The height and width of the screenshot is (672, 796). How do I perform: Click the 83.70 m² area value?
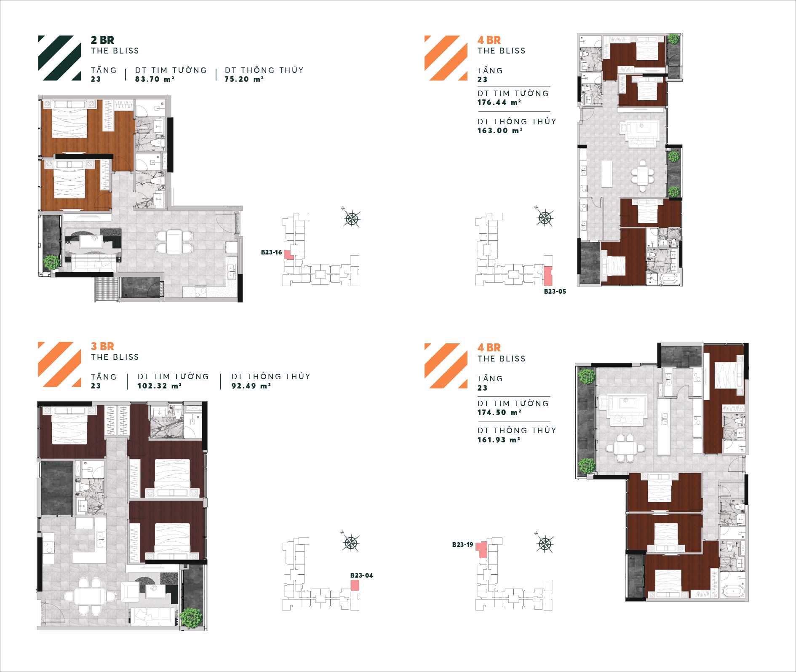pos(155,79)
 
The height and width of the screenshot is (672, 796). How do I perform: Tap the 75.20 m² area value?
pos(244,79)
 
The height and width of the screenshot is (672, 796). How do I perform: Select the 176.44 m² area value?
pos(499,102)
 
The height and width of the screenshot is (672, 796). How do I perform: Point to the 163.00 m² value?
pos(500,131)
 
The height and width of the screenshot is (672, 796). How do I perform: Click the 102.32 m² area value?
pos(159,386)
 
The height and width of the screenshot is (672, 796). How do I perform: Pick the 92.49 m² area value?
pos(251,386)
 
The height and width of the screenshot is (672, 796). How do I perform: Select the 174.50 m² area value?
pos(499,413)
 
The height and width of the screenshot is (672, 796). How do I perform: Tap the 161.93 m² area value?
pos(499,440)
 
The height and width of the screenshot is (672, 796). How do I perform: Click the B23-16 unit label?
pos(271,252)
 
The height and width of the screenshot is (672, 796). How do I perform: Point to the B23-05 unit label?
pos(555,292)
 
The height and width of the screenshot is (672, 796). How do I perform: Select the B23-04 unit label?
pos(361,576)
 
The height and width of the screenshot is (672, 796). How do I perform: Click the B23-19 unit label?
pos(462,545)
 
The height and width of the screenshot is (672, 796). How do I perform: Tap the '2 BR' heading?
pos(102,40)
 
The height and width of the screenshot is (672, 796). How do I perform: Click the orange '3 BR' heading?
pos(102,346)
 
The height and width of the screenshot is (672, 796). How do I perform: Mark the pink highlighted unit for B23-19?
pos(482,550)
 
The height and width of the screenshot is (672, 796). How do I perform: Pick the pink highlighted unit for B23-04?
pos(355,585)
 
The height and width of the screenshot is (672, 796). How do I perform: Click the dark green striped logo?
pos(59,58)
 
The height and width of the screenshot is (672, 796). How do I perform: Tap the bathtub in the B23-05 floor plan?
pos(669,278)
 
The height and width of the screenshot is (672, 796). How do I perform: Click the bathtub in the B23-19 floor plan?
pos(733,590)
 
